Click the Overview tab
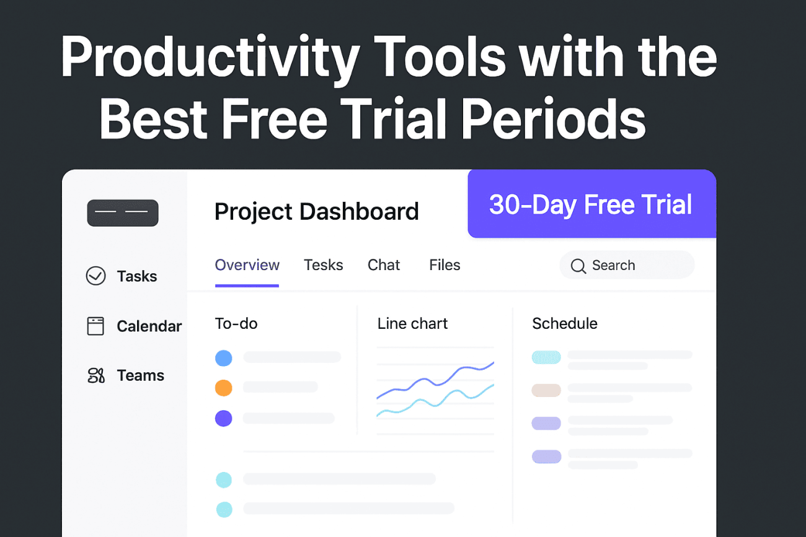pyautogui.click(x=247, y=265)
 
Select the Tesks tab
pyautogui.click(x=323, y=265)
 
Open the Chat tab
pyautogui.click(x=384, y=265)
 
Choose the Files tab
pyautogui.click(x=445, y=265)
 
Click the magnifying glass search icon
pyautogui.click(x=578, y=266)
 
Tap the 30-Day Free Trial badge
pyautogui.click(x=590, y=204)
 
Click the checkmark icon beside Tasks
pyautogui.click(x=95, y=276)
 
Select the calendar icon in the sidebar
pyautogui.click(x=95, y=326)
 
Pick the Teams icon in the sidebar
pyautogui.click(x=95, y=375)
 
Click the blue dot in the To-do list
pyautogui.click(x=223, y=357)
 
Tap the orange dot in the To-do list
pyautogui.click(x=223, y=388)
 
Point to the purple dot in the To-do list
pyautogui.click(x=223, y=419)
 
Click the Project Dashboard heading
pyautogui.click(x=316, y=212)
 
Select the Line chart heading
pyautogui.click(x=412, y=323)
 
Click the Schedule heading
pyautogui.click(x=564, y=323)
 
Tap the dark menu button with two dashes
pyautogui.click(x=123, y=213)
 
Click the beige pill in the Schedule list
pyautogui.click(x=546, y=390)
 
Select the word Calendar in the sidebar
pyautogui.click(x=149, y=326)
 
